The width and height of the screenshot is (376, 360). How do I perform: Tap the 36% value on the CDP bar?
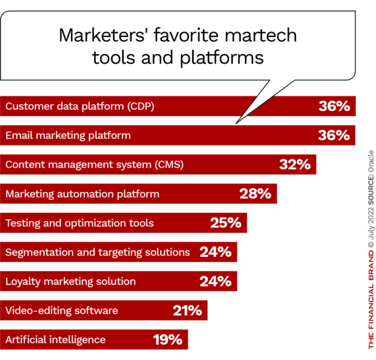[334, 107]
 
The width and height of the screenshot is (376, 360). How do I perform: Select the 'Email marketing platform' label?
[68, 136]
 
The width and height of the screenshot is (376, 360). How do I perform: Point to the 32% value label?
[295, 165]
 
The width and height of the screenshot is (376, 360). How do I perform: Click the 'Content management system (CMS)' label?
[94, 165]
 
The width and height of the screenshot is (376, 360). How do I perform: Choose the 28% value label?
[255, 194]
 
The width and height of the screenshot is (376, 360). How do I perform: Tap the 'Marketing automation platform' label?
[82, 194]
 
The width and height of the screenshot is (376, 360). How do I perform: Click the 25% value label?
[226, 223]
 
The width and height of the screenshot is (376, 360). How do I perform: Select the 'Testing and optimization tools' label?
[79, 223]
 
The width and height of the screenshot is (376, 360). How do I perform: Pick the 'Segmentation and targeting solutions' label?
[98, 252]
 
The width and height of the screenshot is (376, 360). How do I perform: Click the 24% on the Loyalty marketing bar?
[215, 281]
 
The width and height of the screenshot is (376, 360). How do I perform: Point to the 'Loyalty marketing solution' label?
[70, 281]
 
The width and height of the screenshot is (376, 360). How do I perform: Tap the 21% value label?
[186, 311]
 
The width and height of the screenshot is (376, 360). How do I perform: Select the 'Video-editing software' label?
[62, 311]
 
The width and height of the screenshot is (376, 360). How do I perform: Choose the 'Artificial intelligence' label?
[56, 340]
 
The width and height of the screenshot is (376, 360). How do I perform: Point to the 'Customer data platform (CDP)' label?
[80, 107]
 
